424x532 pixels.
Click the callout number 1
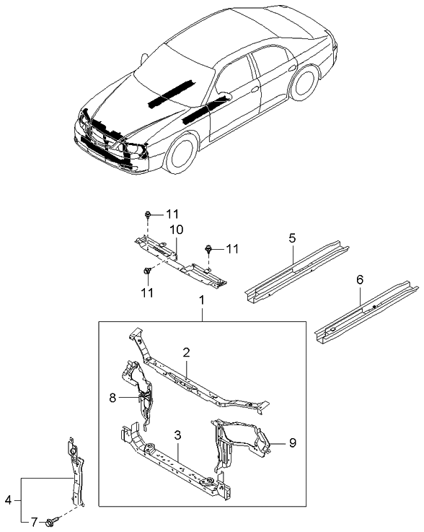pos(203,298)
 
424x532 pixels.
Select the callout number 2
pos(186,353)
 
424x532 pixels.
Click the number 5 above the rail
pos(292,237)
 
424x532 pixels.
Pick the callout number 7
pos(33,521)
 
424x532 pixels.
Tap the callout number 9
pos(292,442)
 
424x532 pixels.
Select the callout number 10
pos(176,230)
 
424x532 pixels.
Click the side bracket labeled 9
pos(238,440)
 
